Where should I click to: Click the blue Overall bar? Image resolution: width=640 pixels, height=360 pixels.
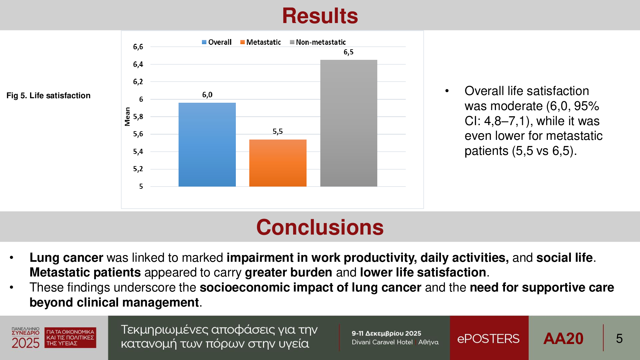[207, 144]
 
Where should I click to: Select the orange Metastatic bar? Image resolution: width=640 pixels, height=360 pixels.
[278, 163]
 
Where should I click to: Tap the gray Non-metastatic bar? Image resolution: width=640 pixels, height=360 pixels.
[348, 123]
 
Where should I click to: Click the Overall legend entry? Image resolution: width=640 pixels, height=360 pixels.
[217, 42]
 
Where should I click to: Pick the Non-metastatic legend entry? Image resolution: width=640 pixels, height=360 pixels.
[318, 42]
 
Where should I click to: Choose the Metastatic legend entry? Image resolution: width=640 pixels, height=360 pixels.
[260, 42]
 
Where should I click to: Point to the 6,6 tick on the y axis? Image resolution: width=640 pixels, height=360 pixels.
[138, 47]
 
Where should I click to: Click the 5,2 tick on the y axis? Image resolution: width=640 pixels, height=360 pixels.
[138, 169]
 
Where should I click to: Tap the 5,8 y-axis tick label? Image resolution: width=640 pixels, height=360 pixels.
[138, 117]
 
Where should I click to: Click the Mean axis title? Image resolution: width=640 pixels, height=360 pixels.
[127, 116]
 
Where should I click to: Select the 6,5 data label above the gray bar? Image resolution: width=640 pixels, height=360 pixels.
[348, 52]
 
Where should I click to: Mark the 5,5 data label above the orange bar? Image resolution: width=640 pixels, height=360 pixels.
[278, 132]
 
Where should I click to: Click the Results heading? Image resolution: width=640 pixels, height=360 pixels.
[320, 16]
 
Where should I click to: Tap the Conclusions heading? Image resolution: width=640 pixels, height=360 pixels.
[320, 227]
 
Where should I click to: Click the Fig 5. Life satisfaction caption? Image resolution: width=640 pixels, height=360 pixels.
[48, 96]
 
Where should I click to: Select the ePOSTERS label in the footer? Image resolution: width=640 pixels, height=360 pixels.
[488, 339]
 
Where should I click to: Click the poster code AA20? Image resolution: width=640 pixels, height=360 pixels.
[564, 339]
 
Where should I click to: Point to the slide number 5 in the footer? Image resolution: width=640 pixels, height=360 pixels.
[619, 339]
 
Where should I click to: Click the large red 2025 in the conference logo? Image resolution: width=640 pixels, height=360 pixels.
[26, 343]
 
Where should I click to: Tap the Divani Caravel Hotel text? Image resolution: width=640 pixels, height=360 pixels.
[382, 342]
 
